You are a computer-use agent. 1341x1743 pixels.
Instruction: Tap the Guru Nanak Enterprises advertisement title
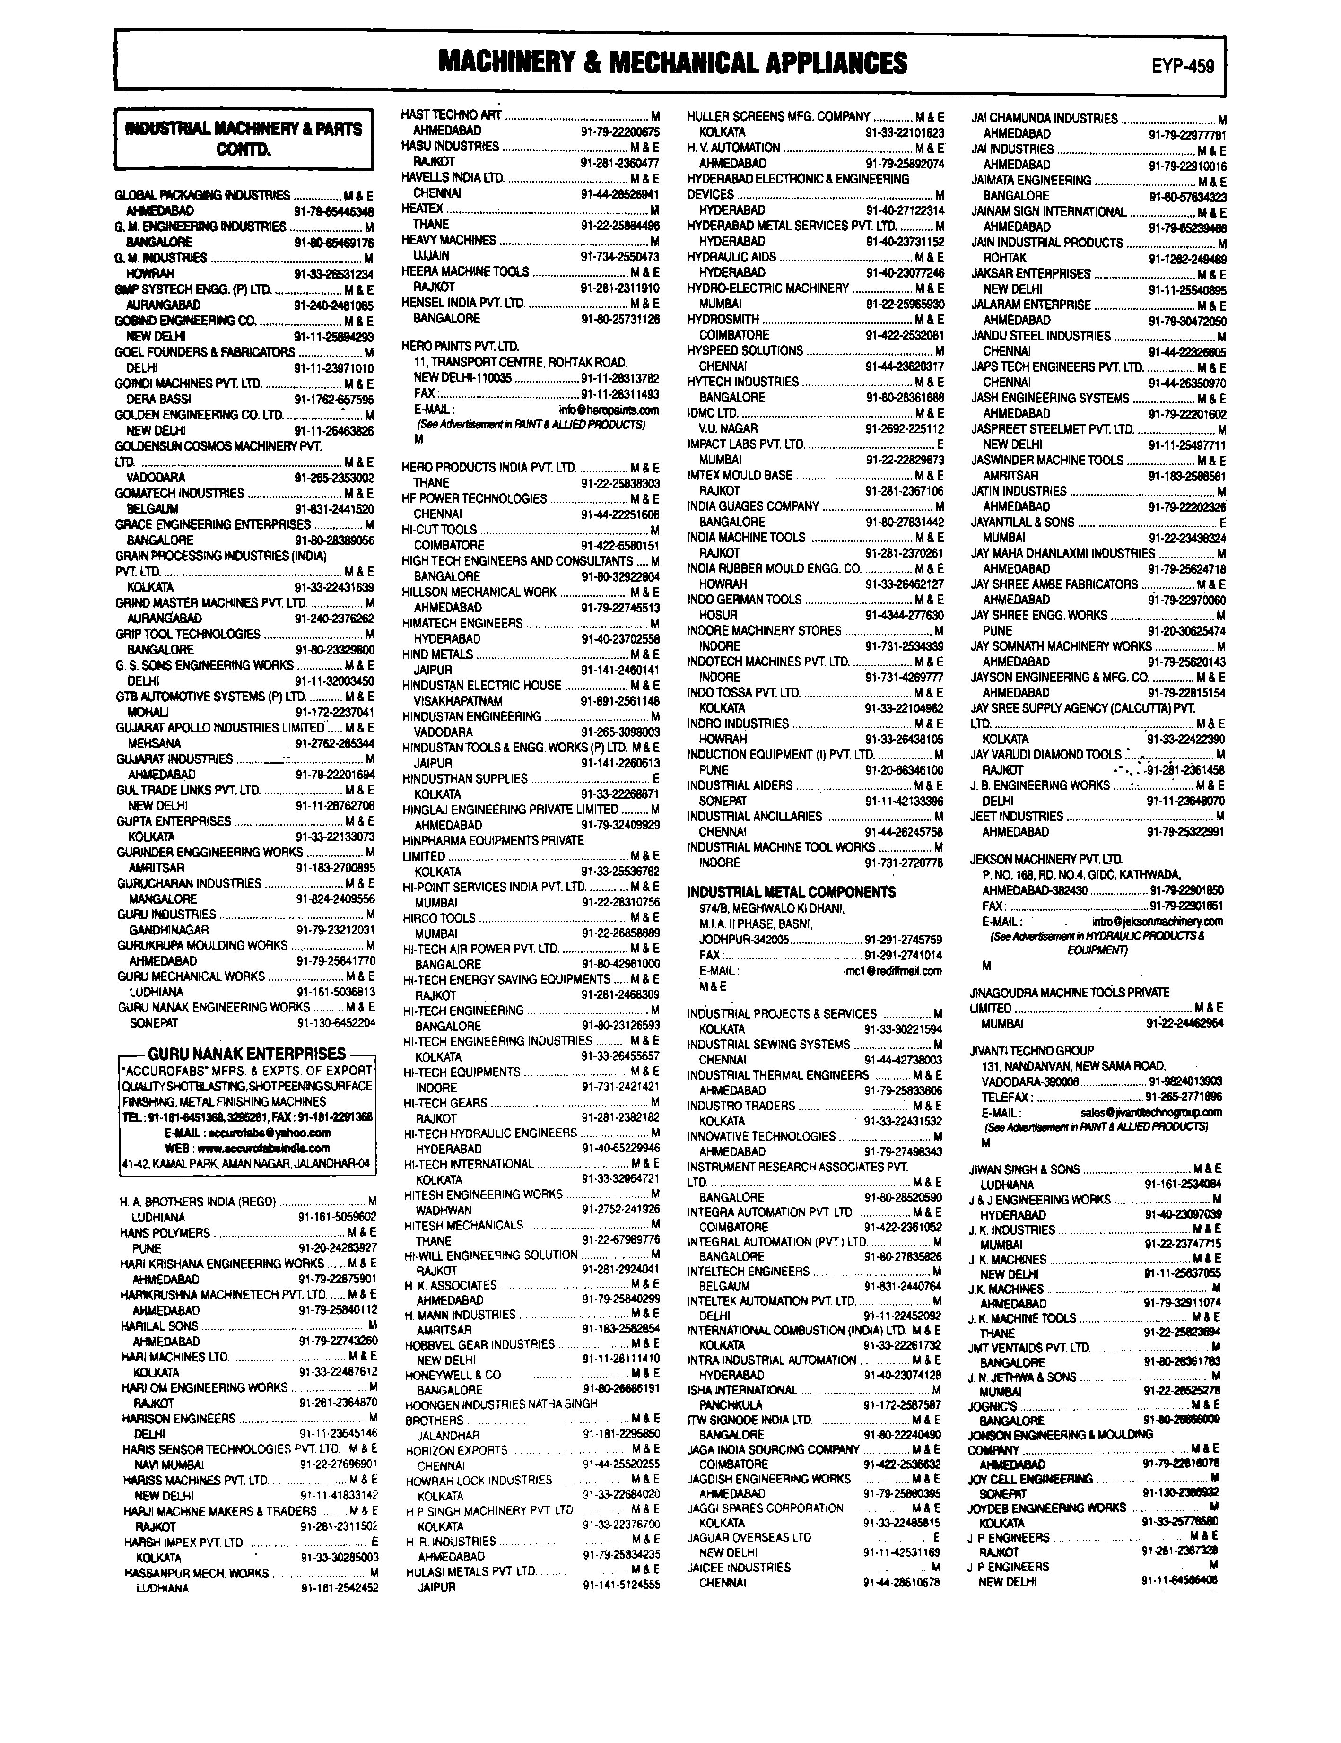(247, 1054)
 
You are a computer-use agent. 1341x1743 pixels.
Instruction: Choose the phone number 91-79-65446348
(334, 211)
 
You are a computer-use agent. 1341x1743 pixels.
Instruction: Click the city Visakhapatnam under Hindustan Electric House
(457, 701)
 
